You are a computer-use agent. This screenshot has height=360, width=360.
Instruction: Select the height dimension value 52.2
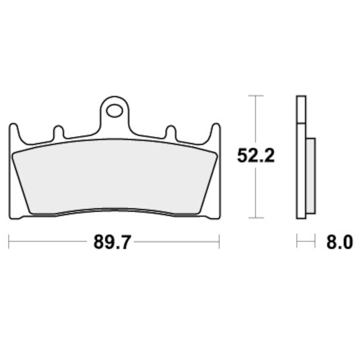tap(256, 156)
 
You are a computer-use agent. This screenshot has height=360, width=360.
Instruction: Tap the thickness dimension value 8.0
tap(339, 242)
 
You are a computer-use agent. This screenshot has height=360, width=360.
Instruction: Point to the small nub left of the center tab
tap(58, 132)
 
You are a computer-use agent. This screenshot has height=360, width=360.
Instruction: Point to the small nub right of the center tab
tap(171, 132)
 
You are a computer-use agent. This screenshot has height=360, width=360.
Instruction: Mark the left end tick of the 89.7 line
tap(9, 242)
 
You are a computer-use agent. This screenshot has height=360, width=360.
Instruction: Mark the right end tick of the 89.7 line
tap(219, 242)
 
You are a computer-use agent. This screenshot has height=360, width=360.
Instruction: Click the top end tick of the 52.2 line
tap(256, 96)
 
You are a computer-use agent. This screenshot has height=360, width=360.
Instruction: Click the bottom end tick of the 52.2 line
tap(256, 217)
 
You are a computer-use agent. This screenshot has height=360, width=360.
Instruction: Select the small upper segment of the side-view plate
tap(301, 109)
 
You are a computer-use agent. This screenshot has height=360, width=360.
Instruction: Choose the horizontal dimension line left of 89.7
tap(49, 242)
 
